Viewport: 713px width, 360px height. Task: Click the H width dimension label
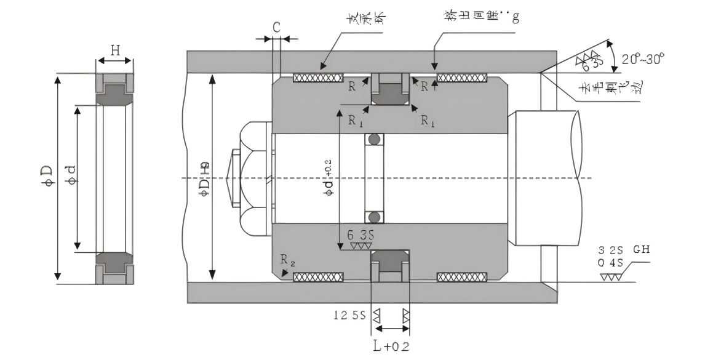pyautogui.click(x=114, y=50)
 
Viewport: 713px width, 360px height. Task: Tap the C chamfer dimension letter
pyautogui.click(x=277, y=27)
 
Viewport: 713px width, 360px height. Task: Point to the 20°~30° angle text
pyautogui.click(x=643, y=59)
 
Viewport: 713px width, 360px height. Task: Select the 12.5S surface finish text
pyautogui.click(x=349, y=316)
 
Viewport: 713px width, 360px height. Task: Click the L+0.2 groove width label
pyautogui.click(x=391, y=345)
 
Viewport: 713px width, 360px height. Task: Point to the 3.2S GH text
pyautogui.click(x=624, y=250)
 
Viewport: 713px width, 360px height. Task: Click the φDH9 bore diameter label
pyautogui.click(x=203, y=179)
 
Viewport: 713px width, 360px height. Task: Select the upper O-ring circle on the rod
pyautogui.click(x=373, y=140)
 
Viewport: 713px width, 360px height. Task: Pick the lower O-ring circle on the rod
pyautogui.click(x=373, y=217)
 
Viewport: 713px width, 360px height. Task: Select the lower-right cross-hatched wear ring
pyautogui.click(x=461, y=277)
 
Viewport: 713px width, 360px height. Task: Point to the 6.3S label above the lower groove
pyautogui.click(x=361, y=236)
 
